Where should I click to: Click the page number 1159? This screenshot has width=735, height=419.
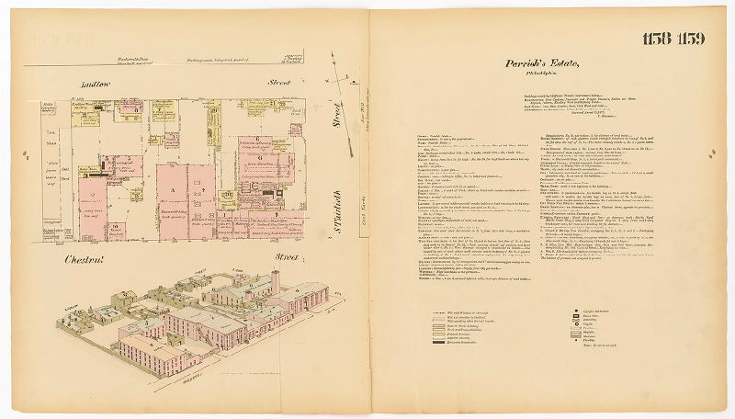click(x=693, y=38)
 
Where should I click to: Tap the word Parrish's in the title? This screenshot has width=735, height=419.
click(x=526, y=63)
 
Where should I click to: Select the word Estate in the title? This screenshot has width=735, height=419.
click(x=564, y=63)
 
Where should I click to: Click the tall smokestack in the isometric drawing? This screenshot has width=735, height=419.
click(x=274, y=281)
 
